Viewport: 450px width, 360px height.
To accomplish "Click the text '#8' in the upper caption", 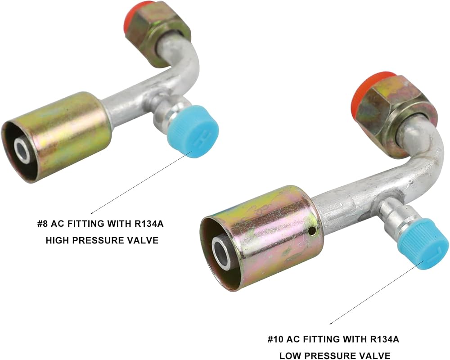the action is point(42,223).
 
